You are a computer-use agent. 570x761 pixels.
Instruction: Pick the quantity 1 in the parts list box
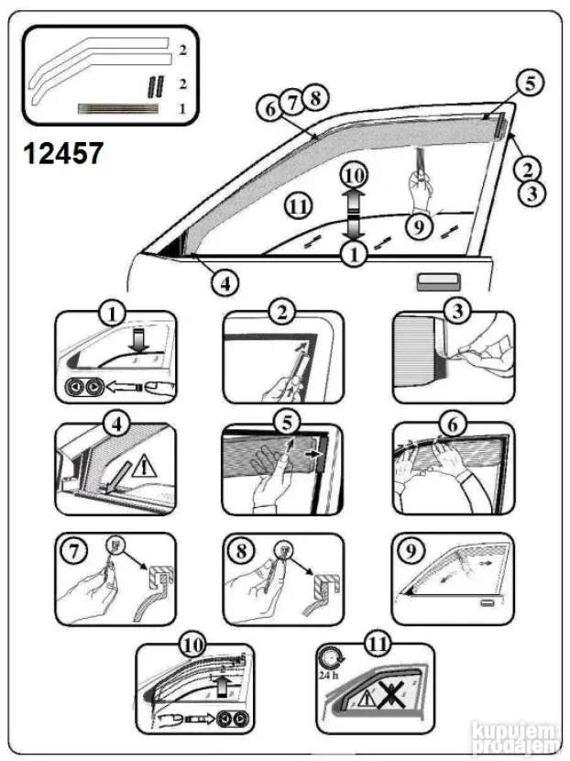point(182,107)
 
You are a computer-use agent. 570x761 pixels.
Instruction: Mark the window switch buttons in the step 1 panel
point(82,387)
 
